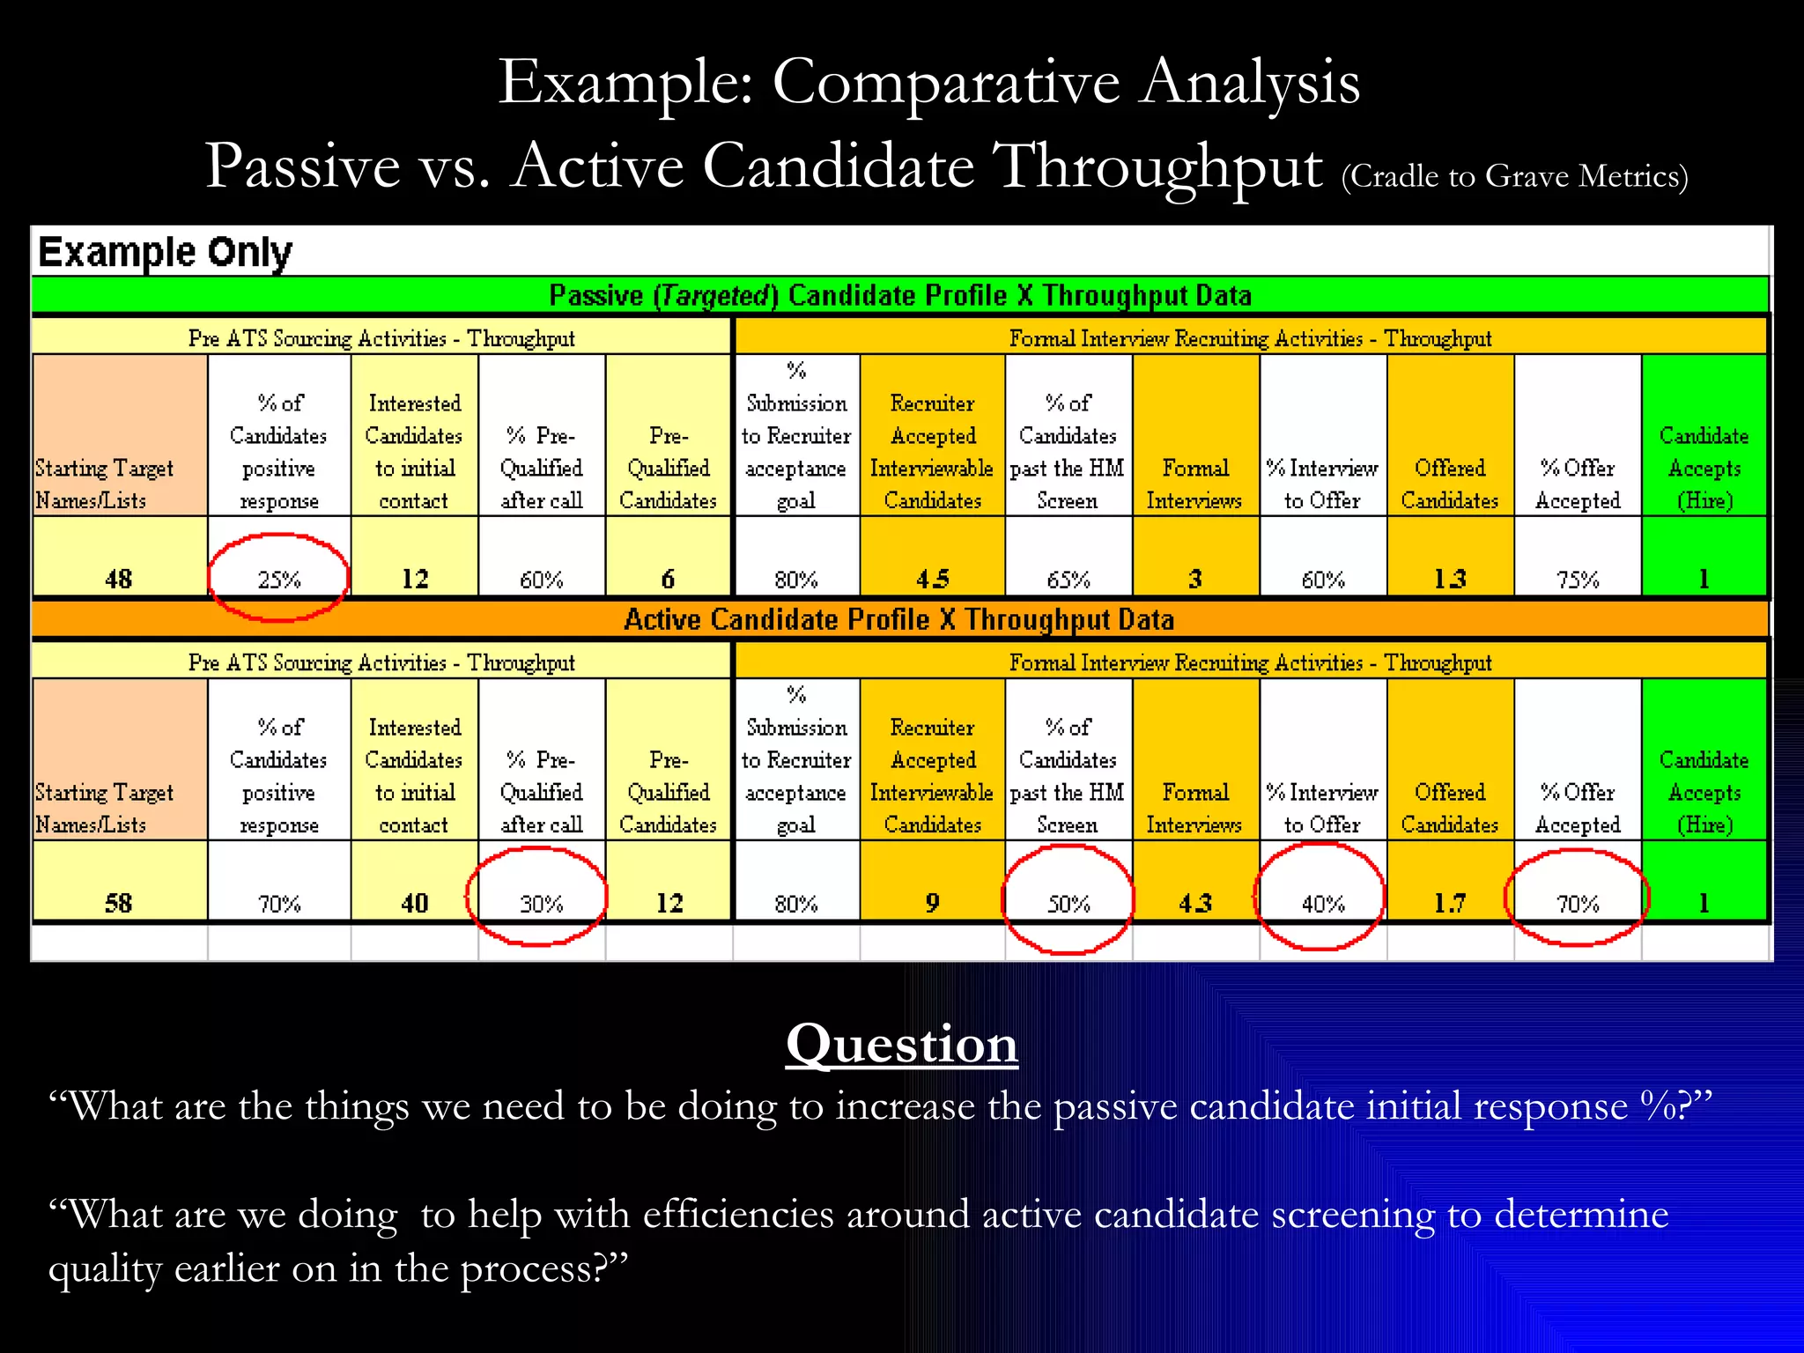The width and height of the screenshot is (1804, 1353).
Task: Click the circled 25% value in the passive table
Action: (x=279, y=580)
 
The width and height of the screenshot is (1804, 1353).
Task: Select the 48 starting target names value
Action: (x=119, y=579)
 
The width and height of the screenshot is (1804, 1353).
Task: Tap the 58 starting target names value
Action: (x=119, y=903)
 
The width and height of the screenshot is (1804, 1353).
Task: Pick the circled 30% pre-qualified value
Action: (x=541, y=904)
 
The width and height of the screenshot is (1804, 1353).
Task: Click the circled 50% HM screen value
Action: (x=1068, y=904)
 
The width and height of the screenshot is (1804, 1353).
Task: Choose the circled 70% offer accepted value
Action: (x=1578, y=904)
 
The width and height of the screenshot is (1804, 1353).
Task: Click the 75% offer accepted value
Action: (x=1578, y=580)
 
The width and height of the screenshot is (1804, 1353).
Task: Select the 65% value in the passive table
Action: (x=1068, y=580)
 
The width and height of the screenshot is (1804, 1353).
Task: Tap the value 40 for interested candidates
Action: (x=415, y=903)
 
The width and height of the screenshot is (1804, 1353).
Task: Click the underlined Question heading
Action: (x=901, y=1044)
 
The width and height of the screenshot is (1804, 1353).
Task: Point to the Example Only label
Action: (x=165, y=253)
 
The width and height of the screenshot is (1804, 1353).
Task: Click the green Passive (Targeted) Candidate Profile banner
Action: (x=900, y=295)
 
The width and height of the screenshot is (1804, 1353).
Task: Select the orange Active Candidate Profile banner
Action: (x=899, y=619)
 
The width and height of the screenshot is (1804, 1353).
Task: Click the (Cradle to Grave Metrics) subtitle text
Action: (x=1514, y=176)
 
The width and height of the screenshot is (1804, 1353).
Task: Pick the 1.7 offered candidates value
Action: (x=1450, y=903)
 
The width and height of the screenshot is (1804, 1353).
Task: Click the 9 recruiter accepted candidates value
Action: (x=932, y=903)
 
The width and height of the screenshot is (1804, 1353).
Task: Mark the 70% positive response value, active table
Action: (x=279, y=904)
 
